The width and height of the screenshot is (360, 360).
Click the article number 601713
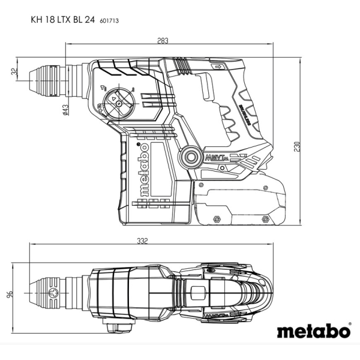coord(110,19)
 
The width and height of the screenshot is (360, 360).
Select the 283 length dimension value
coord(163,40)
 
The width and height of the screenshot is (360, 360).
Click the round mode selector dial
coord(118,103)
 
